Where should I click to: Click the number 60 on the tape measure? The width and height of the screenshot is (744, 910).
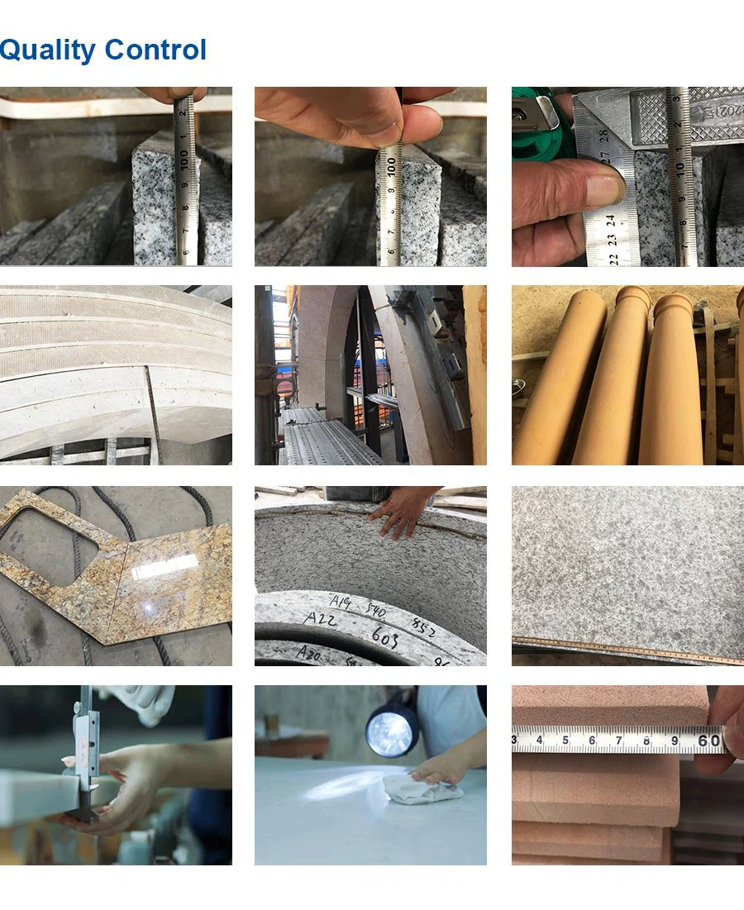[x=709, y=740]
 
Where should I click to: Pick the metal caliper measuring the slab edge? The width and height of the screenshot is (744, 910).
[x=83, y=752]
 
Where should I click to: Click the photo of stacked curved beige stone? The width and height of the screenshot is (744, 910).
[x=116, y=375]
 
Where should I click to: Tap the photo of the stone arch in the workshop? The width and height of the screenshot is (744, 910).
[x=370, y=375]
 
